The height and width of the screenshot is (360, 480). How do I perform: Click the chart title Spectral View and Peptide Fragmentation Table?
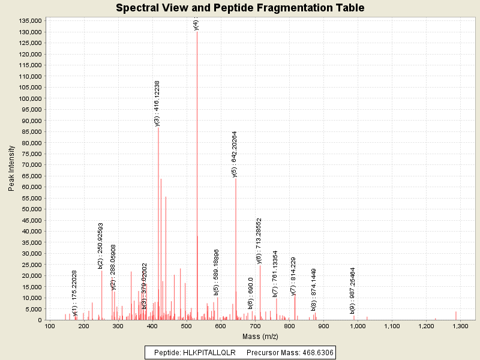tap(240, 8)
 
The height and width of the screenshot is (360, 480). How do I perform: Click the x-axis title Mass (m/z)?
tap(260, 337)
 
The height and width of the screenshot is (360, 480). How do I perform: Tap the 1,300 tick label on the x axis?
tap(460, 326)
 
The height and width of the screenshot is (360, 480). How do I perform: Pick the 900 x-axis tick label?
tap(323, 326)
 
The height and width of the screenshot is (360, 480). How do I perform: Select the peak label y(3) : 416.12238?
tap(157, 103)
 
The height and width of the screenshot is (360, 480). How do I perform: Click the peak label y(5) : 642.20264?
tap(235, 154)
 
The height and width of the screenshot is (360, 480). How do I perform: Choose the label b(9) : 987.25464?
tap(353, 291)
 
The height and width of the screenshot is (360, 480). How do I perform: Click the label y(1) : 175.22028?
tap(74, 293)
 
